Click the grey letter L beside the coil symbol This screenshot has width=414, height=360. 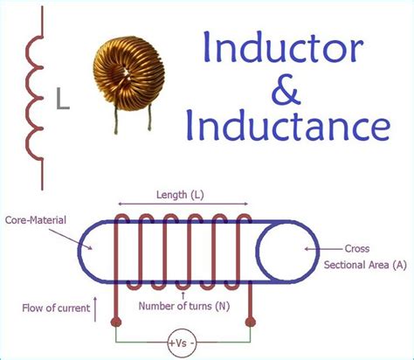(63, 101)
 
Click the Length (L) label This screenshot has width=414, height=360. (181, 195)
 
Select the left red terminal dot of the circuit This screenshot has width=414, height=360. (116, 322)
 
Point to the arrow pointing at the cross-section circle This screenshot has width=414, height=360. (317, 248)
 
